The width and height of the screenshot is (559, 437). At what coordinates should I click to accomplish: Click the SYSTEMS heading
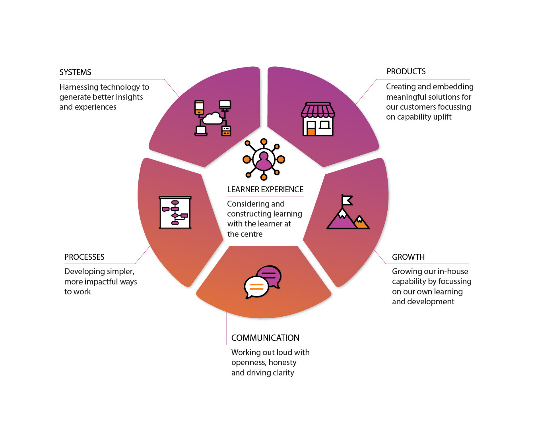coord(75,72)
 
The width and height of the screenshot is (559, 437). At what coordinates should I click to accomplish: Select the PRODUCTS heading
coord(406,72)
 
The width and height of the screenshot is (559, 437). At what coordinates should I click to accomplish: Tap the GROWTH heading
coord(408,257)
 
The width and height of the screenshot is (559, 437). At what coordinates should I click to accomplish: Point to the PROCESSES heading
coord(84,257)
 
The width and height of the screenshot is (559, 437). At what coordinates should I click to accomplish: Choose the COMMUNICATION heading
coord(265,338)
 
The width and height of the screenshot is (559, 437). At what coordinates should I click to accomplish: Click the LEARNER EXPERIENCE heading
coord(265,189)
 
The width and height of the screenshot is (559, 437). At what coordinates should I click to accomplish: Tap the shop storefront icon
coord(318,119)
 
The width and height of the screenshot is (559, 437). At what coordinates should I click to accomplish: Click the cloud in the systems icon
coord(212,118)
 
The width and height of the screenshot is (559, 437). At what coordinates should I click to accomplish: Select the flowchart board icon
coord(175,212)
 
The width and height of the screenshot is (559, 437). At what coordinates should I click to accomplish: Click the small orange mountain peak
coord(361,222)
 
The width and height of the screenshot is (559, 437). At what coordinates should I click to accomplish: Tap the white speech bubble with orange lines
coord(256,287)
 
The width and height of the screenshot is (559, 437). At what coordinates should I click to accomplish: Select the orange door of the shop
coord(311,132)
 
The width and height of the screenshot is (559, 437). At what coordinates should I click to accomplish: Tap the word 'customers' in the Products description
coord(418,107)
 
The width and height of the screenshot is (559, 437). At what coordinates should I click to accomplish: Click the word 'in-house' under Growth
coord(452,271)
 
